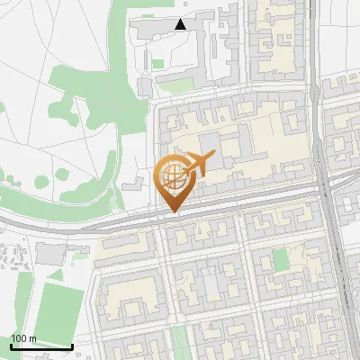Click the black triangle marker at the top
pos(181,24)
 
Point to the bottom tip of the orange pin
pos(172,211)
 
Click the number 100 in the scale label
pos(18,338)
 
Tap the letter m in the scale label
pos(32,338)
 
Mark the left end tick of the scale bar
pos(11,346)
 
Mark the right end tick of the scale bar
pos(72,346)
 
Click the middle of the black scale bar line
pos(41,347)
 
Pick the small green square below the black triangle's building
pos(158,64)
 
